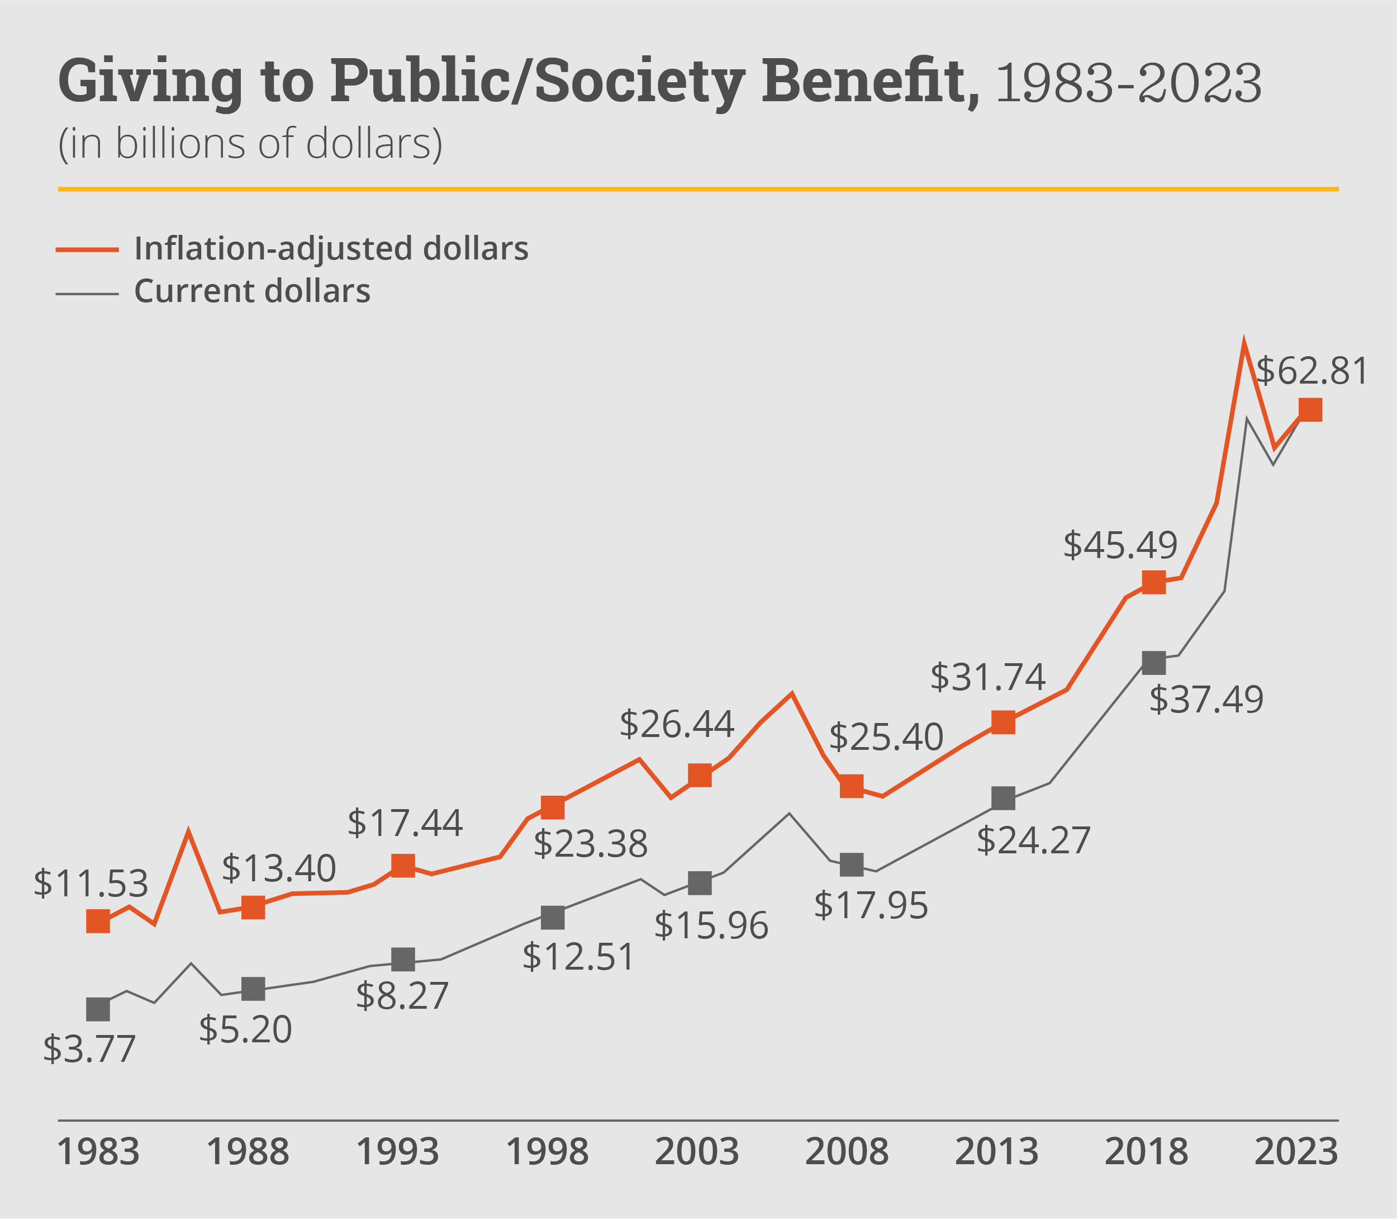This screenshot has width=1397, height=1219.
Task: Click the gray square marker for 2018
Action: point(1153,662)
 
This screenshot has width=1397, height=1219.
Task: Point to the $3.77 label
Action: point(89,1048)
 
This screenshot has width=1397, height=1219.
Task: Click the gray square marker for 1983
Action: point(98,1009)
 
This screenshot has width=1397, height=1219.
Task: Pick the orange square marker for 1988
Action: point(253,907)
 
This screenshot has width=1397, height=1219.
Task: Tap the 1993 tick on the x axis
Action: point(398,1152)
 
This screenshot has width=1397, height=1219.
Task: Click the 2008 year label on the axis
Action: point(847,1152)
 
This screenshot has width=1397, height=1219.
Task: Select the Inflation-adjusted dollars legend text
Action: point(331,248)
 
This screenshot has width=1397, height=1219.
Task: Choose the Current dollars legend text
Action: point(252,291)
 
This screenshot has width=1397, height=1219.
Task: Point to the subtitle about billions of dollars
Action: point(250,144)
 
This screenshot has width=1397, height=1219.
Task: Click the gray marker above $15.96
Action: point(700,883)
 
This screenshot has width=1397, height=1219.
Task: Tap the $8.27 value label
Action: point(402,995)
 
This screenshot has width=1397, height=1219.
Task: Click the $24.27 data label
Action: point(1033,840)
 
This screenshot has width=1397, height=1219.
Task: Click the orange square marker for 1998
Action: point(553,807)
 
